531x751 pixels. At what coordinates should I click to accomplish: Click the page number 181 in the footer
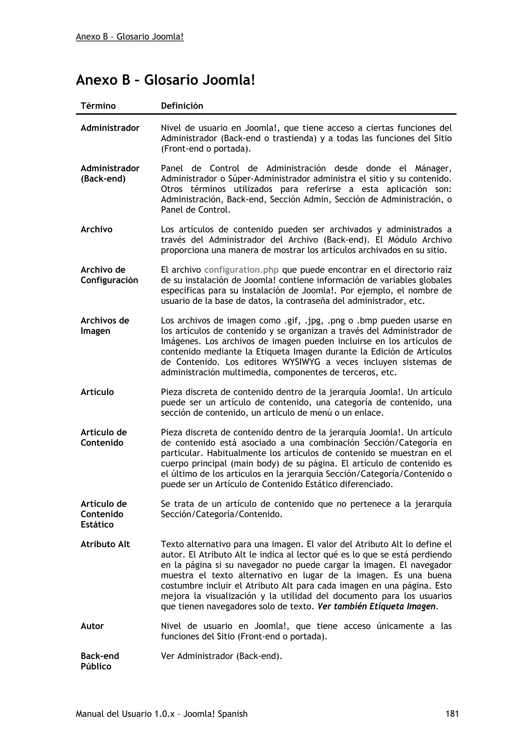452,713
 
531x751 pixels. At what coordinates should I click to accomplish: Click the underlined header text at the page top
130,37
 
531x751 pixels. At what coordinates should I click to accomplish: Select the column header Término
98,106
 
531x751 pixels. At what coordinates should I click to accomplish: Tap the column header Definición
182,106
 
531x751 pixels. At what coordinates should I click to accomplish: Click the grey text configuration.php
241,270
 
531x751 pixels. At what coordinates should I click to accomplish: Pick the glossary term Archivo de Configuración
109,275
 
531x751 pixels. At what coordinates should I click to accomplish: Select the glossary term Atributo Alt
105,544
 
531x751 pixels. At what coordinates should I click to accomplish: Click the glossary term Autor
92,626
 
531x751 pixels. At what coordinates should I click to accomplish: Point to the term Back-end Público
100,661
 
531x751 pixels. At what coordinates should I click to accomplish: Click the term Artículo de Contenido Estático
103,514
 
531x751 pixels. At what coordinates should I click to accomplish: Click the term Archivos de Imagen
105,325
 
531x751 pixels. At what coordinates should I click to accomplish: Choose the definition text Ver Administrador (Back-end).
221,656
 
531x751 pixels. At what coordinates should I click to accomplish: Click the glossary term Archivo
96,229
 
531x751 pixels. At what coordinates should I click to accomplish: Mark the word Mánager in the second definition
433,168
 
